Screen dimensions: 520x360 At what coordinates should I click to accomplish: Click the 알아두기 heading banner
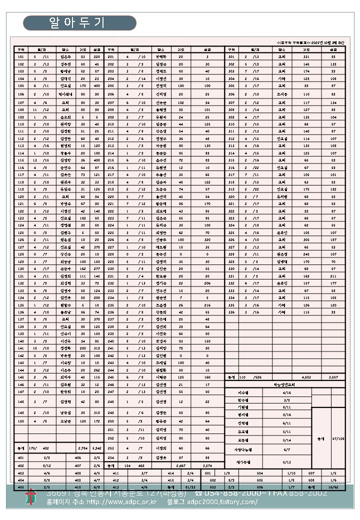point(79,23)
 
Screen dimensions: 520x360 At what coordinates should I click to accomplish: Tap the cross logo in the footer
point(31,497)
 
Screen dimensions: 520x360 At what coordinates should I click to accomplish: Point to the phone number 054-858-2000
point(235,493)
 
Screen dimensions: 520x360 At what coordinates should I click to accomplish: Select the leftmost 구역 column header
point(21,49)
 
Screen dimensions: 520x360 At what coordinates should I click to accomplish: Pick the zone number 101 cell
point(21,57)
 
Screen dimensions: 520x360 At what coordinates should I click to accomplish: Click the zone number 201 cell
point(111,57)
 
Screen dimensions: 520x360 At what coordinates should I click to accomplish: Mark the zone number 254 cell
point(111,457)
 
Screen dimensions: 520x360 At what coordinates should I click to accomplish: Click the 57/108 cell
point(338,438)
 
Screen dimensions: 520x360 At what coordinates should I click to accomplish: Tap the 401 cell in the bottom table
point(21,457)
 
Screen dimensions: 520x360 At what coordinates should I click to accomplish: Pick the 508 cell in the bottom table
point(311,479)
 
